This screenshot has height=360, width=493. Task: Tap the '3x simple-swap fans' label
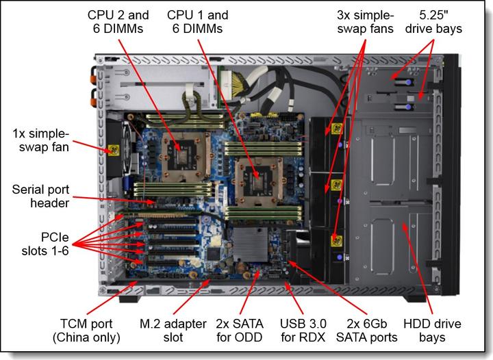click(x=364, y=21)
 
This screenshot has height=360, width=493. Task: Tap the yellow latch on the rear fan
click(x=110, y=150)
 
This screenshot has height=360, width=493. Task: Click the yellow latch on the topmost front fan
click(x=336, y=128)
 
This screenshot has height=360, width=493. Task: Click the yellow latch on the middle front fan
click(x=336, y=185)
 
